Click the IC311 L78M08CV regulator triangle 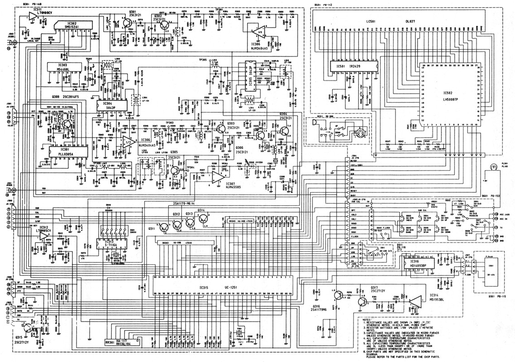32,16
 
